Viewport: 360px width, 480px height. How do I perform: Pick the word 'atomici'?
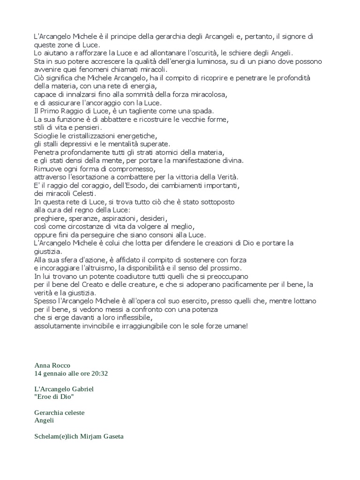pyautogui.click(x=158, y=152)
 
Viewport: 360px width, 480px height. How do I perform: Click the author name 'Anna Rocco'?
pyautogui.click(x=52, y=365)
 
